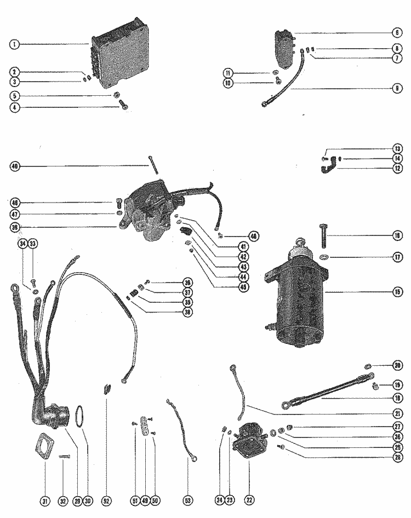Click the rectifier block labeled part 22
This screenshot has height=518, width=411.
pyautogui.click(x=250, y=439)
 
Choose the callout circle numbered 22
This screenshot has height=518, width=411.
pyautogui.click(x=250, y=499)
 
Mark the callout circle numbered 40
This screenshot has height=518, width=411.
pyautogui.click(x=14, y=166)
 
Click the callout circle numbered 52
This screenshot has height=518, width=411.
pyautogui.click(x=106, y=499)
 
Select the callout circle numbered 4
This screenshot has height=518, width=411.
pyautogui.click(x=14, y=107)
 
